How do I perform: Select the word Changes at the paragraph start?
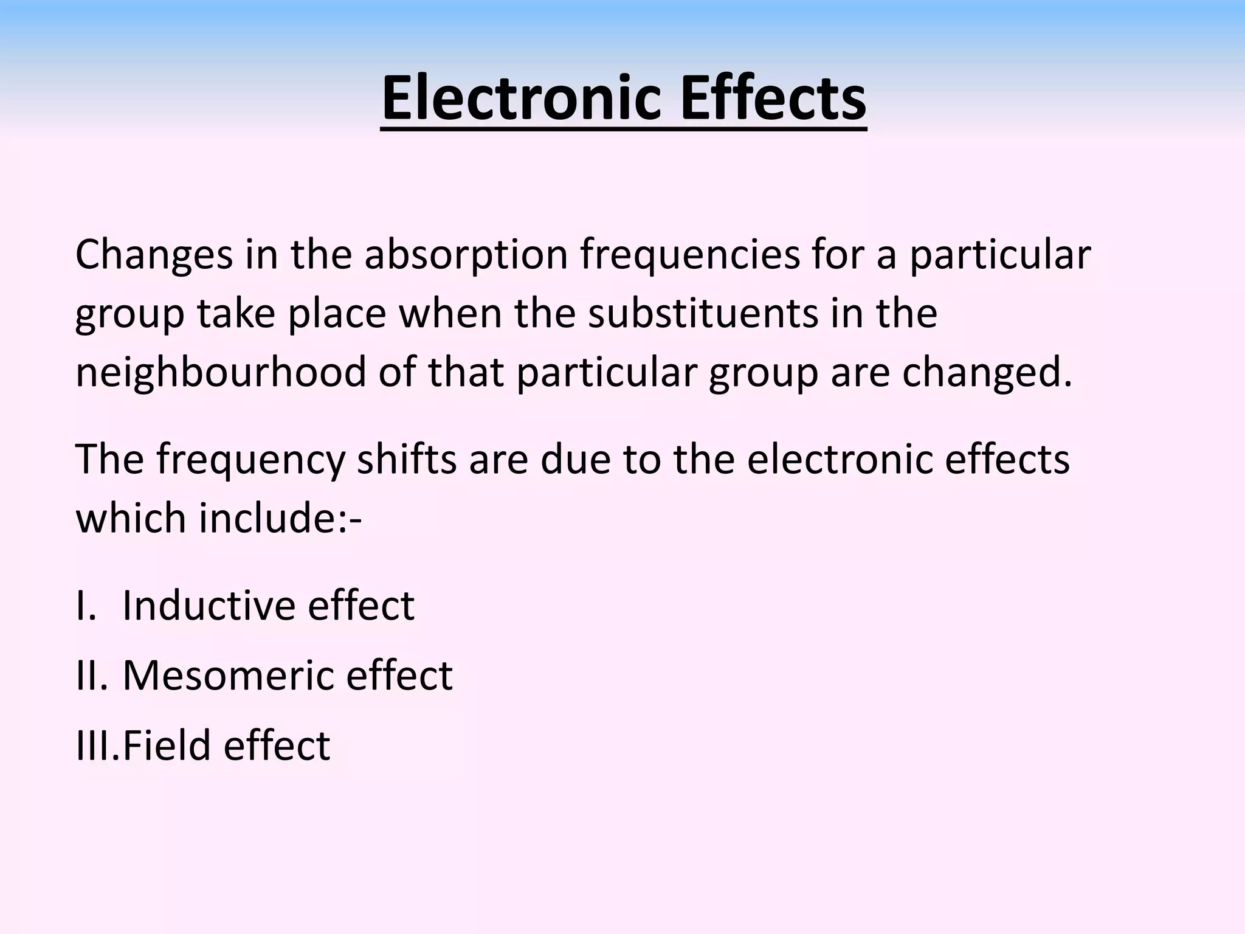coord(154,255)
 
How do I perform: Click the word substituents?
coord(703,314)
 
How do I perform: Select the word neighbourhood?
coord(221,372)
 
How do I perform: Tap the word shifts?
coord(406,459)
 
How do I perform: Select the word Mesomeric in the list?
coord(228,675)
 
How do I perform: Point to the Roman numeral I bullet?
coord(85,606)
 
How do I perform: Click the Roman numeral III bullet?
coord(96,745)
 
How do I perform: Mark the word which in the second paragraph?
coord(130,518)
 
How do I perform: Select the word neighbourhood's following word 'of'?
coord(397,372)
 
